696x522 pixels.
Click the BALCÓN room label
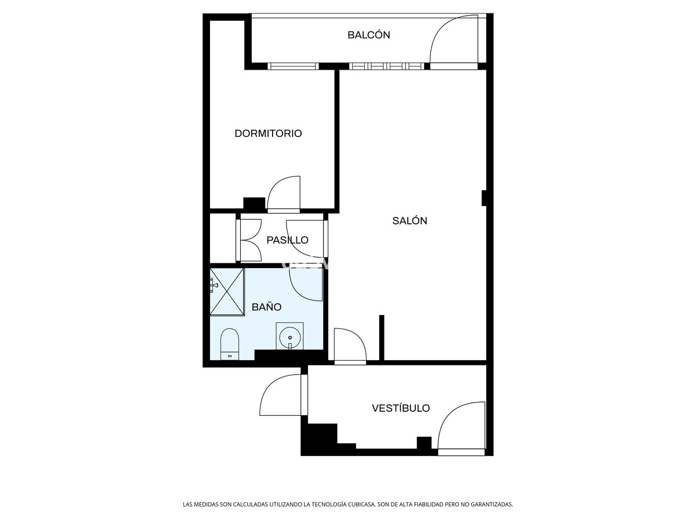pyautogui.click(x=368, y=35)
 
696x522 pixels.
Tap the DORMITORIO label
pyautogui.click(x=268, y=133)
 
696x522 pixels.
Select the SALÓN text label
pyautogui.click(x=409, y=220)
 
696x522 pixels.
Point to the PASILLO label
pyautogui.click(x=287, y=240)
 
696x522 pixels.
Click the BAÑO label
pyautogui.click(x=266, y=307)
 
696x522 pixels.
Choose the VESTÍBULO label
pyautogui.click(x=401, y=408)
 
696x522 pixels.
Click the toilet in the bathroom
pyautogui.click(x=230, y=344)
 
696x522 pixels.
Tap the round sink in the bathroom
pyautogui.click(x=289, y=336)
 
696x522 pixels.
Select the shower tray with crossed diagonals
pyautogui.click(x=227, y=291)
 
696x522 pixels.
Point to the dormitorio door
pyautogui.click(x=284, y=194)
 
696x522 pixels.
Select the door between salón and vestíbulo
pyautogui.click(x=350, y=346)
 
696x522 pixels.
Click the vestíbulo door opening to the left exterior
pyautogui.click(x=281, y=394)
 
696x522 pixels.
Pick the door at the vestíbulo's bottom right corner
pyautogui.click(x=461, y=426)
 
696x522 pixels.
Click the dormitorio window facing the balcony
pyautogui.click(x=293, y=66)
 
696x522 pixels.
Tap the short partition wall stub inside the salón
pyautogui.click(x=382, y=338)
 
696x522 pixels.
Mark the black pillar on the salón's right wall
pyautogui.click(x=484, y=198)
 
